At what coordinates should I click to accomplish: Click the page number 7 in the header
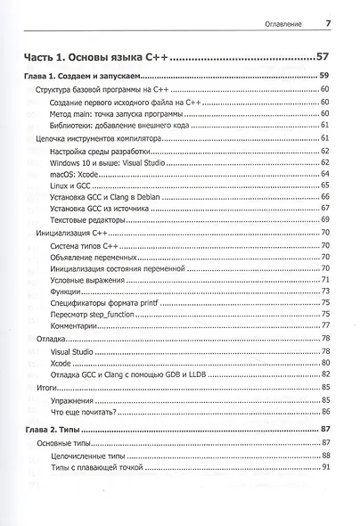point(328,23)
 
